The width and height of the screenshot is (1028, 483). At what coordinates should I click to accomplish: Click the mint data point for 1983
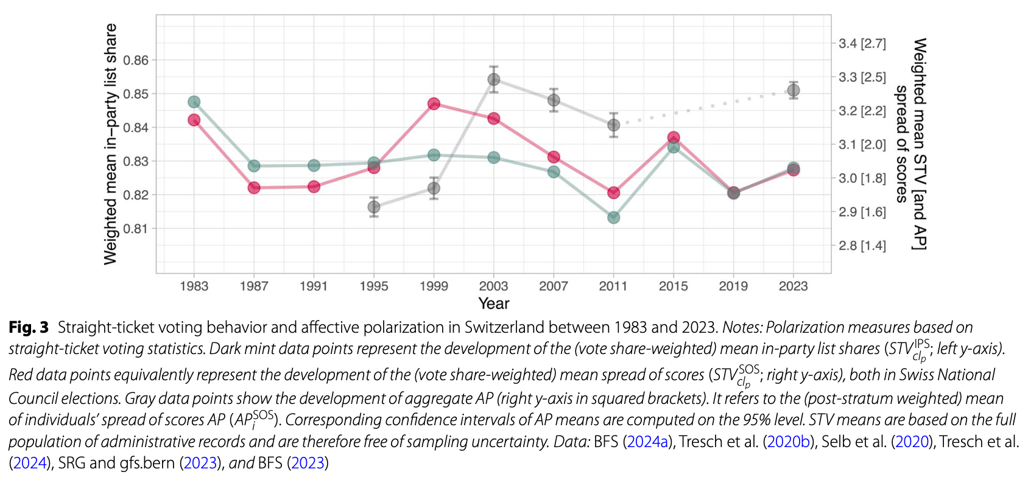(194, 102)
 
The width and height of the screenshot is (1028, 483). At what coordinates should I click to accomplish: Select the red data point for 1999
(434, 104)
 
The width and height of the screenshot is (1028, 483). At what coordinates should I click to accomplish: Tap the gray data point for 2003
(494, 80)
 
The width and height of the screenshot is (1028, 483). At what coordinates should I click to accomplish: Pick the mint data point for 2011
(614, 217)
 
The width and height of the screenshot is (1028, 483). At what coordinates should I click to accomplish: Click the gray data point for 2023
(794, 91)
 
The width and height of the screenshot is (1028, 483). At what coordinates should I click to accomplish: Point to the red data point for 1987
(254, 187)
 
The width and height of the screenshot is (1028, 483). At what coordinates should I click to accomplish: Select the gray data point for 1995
(374, 207)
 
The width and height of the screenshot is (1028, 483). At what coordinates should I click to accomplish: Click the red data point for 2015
(674, 137)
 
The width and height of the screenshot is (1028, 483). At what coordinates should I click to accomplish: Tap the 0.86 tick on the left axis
(136, 60)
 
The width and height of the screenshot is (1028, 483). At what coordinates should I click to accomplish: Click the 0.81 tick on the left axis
(136, 229)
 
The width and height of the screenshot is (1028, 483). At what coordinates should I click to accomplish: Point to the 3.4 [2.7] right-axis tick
(862, 44)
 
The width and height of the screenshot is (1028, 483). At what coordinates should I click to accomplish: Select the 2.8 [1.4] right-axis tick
(862, 246)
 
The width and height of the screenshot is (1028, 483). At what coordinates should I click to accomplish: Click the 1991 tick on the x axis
(314, 286)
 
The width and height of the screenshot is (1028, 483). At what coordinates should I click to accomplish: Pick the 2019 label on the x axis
(733, 286)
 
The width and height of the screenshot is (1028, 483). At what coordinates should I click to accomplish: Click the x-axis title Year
(494, 303)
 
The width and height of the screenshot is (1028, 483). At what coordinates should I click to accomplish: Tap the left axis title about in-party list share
(110, 144)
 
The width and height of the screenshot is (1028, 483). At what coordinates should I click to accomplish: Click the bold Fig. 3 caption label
(28, 327)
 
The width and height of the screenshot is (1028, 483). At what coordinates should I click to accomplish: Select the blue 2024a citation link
(648, 442)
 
